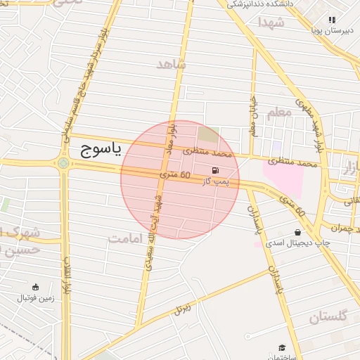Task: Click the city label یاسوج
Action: click(96, 148)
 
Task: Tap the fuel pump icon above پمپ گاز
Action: click(214, 170)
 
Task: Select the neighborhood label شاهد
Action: click(172, 64)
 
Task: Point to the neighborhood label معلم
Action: click(278, 112)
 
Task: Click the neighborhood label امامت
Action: click(126, 238)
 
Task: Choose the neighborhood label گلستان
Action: click(328, 317)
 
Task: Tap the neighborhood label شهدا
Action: click(270, 22)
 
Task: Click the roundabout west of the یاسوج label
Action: click(64, 164)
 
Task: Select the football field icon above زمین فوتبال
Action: click(35, 287)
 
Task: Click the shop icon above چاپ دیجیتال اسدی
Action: click(297, 232)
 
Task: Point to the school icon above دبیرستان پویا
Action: click(332, 20)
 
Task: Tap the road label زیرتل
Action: click(184, 308)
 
